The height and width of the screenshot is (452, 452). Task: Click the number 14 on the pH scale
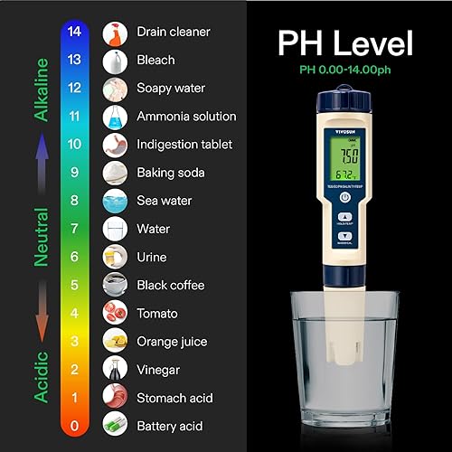pos(75,32)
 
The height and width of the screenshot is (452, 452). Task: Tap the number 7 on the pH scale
pos(75,229)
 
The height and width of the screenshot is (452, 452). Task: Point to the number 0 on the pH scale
pos(75,425)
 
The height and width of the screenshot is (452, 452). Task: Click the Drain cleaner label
pos(174,32)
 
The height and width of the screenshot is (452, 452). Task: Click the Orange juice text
pos(172,341)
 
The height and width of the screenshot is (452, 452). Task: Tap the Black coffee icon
pos(115,285)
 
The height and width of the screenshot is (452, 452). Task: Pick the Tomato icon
pos(115,313)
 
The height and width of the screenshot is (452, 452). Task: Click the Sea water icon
pos(115,201)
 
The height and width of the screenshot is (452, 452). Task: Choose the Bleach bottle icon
pos(115,61)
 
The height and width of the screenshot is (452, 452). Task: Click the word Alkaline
pos(41,88)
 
